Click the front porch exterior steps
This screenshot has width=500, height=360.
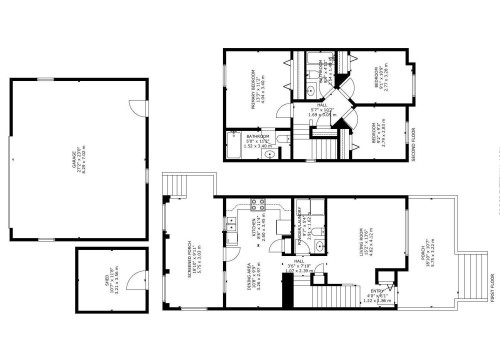click(470, 270)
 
